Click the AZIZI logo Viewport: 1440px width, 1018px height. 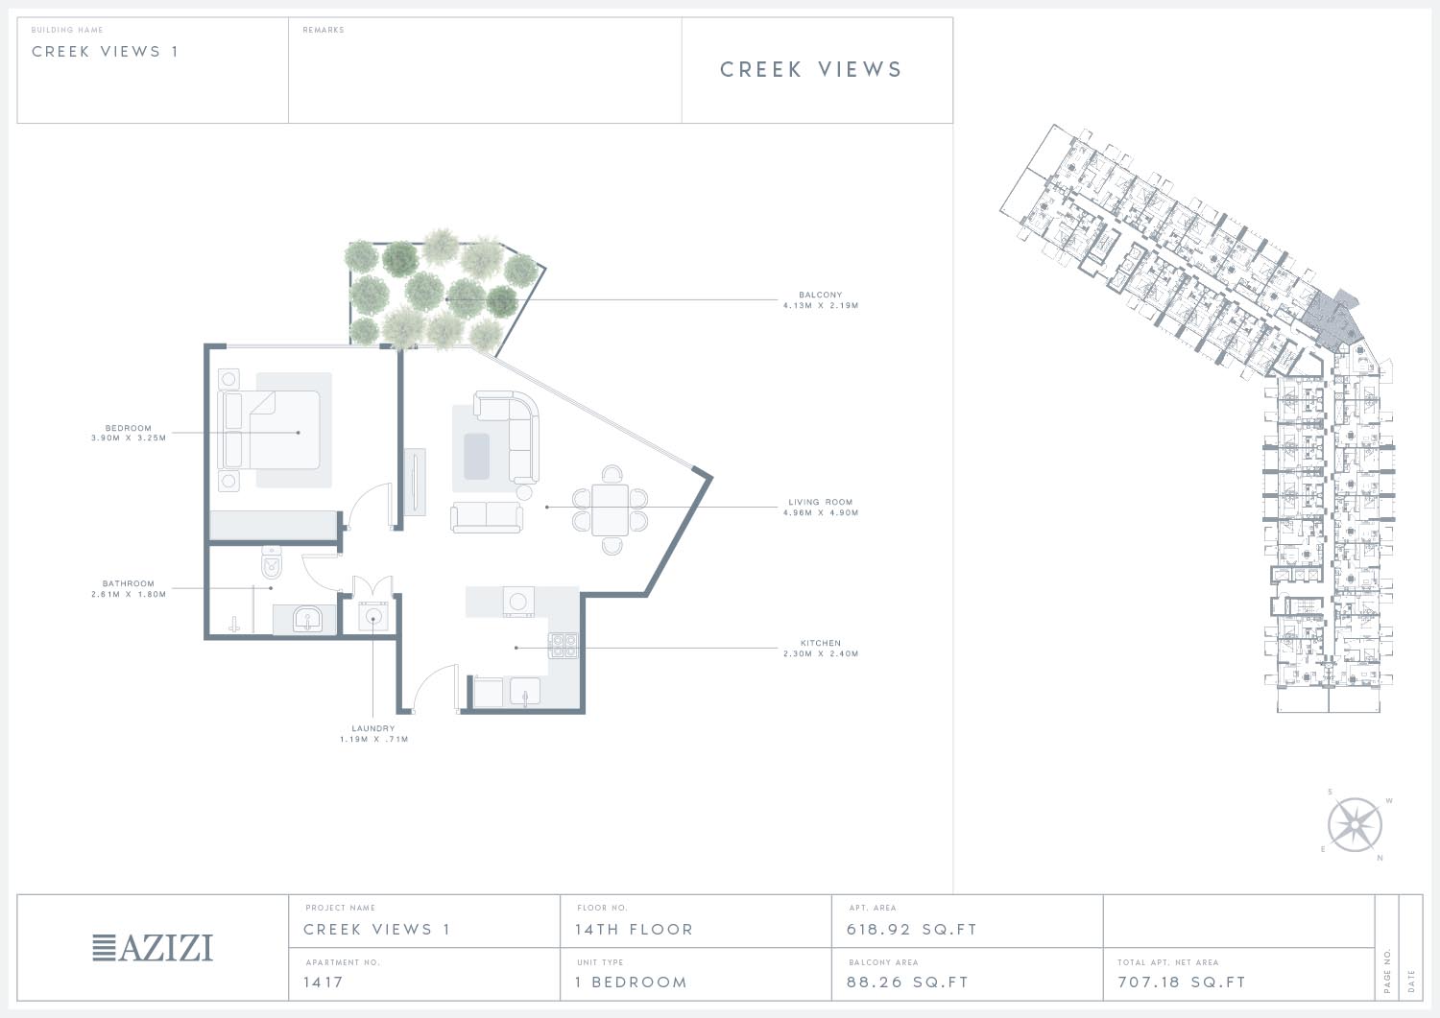tap(153, 947)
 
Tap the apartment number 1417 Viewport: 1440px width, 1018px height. tap(324, 982)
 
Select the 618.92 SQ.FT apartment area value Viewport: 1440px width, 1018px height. tap(912, 930)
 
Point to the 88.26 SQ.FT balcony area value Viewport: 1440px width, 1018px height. tap(907, 982)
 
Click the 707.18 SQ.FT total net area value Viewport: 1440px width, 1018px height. tap(1182, 982)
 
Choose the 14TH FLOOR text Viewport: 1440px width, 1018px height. tap(634, 930)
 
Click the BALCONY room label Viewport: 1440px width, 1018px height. tap(820, 295)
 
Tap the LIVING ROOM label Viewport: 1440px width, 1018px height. tap(820, 502)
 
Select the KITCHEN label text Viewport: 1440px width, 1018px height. tap(820, 643)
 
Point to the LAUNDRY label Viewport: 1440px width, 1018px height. tap(372, 728)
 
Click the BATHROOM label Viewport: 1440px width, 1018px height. tap(128, 583)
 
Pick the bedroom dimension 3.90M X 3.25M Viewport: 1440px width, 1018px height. tap(129, 438)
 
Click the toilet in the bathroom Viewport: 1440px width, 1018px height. tap(272, 561)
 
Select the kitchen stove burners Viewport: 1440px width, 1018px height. tap(563, 646)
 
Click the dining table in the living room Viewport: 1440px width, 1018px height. tap(610, 509)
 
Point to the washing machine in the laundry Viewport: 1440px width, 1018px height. tap(373, 617)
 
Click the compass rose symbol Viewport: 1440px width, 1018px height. tap(1355, 824)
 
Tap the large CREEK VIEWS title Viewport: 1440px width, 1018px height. tap(810, 69)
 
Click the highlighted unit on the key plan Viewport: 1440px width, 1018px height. tap(1335, 319)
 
